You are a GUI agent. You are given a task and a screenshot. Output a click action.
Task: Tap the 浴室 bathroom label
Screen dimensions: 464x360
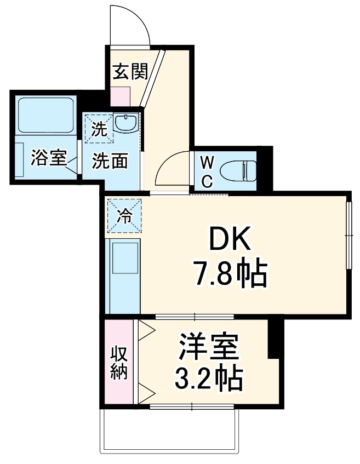click(x=48, y=158)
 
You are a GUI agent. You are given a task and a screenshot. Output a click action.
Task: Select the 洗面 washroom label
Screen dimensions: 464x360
click(x=110, y=161)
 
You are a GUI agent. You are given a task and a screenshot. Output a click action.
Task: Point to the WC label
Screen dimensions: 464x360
click(x=207, y=170)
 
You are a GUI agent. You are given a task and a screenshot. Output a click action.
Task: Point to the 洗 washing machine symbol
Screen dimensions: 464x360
click(x=98, y=129)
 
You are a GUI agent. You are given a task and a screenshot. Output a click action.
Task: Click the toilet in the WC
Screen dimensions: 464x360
click(x=238, y=170)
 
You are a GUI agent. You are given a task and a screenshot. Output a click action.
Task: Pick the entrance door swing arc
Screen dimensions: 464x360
click(x=132, y=25)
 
